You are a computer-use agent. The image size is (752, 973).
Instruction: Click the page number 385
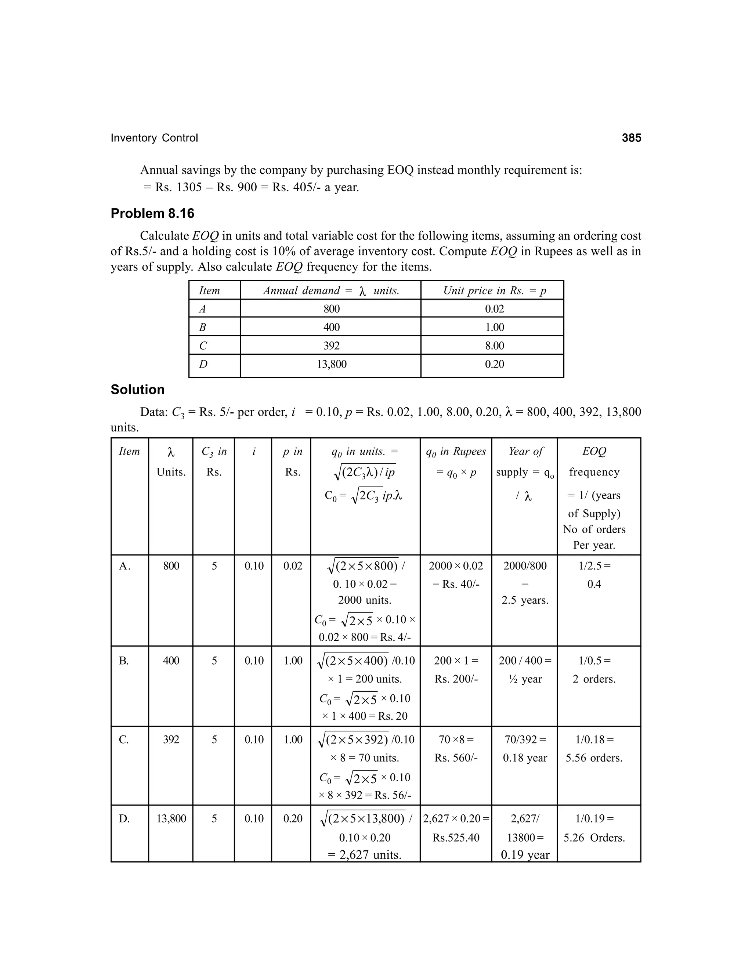(631, 138)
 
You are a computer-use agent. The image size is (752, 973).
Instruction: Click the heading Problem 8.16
(152, 213)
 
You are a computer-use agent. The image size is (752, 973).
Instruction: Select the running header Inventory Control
(154, 138)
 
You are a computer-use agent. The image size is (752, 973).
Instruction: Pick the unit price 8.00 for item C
(494, 346)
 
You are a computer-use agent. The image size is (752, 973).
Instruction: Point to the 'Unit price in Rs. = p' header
(494, 290)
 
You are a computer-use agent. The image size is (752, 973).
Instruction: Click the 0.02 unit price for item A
(494, 309)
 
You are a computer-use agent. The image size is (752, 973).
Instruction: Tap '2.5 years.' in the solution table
(525, 600)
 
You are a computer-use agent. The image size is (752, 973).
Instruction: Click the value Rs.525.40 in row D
(456, 838)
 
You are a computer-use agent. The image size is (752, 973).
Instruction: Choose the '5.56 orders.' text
(594, 758)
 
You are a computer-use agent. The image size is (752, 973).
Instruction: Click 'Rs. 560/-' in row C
(456, 758)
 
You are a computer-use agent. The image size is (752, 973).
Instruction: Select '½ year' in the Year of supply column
(525, 679)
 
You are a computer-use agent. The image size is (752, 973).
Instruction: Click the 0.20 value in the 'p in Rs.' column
(293, 818)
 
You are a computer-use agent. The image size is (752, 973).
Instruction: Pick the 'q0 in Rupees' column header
(456, 452)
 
